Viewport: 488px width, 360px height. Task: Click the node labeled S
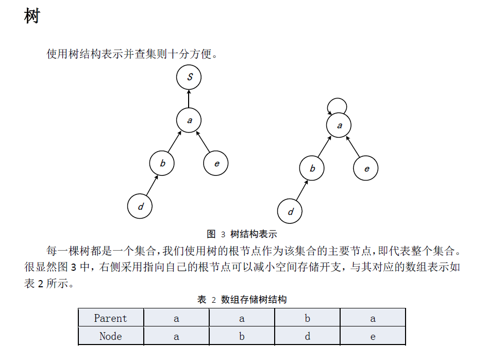(x=189, y=77)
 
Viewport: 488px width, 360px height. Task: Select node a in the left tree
(x=189, y=120)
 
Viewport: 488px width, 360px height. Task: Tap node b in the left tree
(x=162, y=163)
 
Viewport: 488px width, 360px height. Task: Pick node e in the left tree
(x=216, y=163)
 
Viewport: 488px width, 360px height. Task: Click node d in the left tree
(x=140, y=206)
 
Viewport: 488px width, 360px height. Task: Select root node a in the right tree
(x=339, y=125)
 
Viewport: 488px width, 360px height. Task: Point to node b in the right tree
(x=312, y=168)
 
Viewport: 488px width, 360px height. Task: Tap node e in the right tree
(x=366, y=168)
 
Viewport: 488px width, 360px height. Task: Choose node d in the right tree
(x=290, y=211)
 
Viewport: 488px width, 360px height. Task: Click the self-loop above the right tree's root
(x=337, y=99)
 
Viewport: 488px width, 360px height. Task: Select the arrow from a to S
(x=189, y=99)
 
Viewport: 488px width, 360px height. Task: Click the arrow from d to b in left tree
(x=152, y=185)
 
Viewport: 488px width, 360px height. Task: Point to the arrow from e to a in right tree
(x=353, y=146)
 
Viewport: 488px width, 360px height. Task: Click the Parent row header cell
(x=111, y=318)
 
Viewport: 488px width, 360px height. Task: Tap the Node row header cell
(x=111, y=336)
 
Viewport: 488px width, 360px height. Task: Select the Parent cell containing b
(x=307, y=318)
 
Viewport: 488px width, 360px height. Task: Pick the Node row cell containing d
(x=307, y=336)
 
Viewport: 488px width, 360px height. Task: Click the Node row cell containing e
(x=373, y=336)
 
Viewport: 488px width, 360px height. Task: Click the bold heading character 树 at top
(x=32, y=16)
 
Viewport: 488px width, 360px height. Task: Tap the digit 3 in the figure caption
(x=223, y=235)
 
